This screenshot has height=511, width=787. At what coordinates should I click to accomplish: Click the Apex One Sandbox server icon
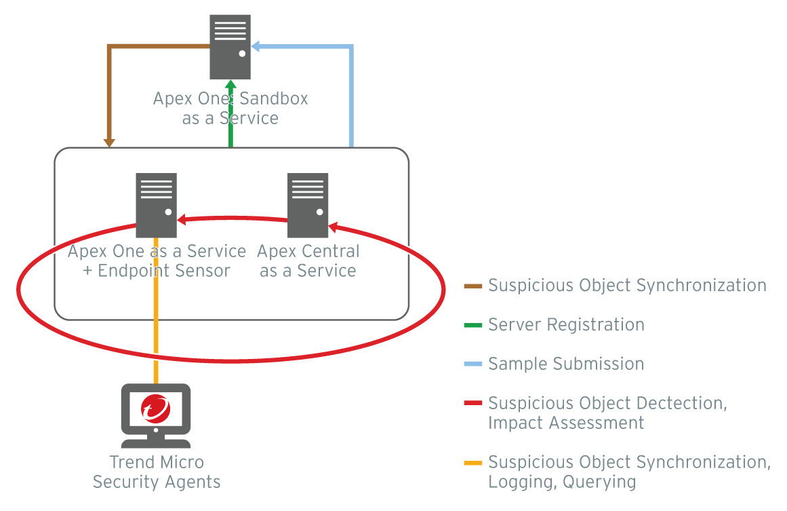[x=230, y=47]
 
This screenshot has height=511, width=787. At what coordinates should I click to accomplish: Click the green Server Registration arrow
[x=230, y=115]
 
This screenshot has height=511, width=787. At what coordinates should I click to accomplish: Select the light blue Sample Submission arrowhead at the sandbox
[x=257, y=47]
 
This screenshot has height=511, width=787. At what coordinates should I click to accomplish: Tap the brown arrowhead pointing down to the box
[x=108, y=142]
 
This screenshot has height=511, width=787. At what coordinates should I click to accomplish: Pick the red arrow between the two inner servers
[x=230, y=219]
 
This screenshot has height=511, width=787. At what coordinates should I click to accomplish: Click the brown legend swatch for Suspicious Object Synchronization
[x=473, y=286]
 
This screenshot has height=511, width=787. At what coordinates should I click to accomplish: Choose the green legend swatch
[x=473, y=325]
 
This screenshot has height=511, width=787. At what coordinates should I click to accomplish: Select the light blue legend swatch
[x=473, y=364]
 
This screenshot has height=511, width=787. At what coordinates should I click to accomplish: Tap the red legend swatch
[x=473, y=404]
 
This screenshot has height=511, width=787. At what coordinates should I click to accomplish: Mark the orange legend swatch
[x=473, y=463]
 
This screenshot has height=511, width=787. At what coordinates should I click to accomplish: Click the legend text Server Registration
[x=566, y=325]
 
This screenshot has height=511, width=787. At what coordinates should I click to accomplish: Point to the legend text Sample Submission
[x=566, y=364]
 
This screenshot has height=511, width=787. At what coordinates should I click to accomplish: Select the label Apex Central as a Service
[x=308, y=261]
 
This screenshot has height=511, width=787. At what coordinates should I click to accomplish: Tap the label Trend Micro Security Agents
[x=157, y=472]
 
